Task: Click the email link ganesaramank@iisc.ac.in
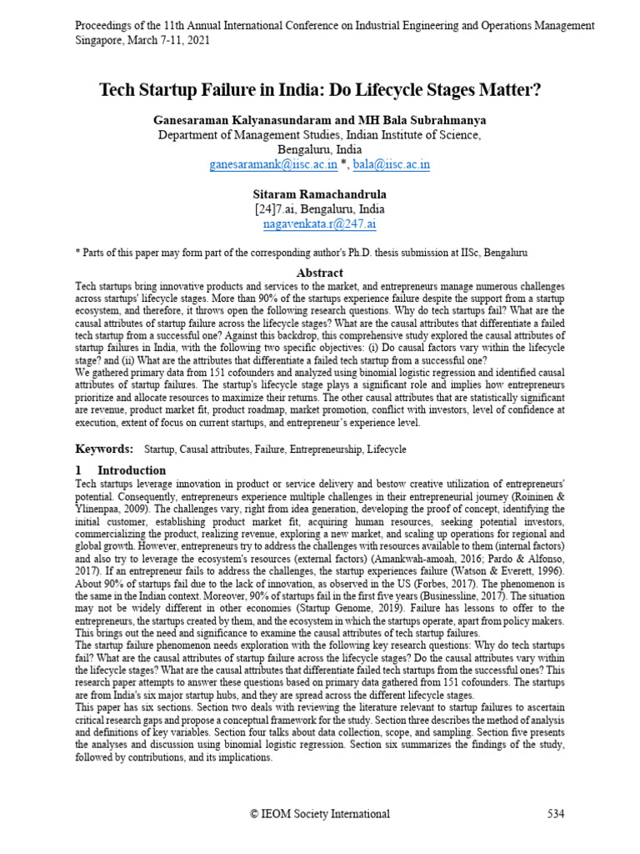click(x=272, y=164)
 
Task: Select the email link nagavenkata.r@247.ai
click(x=319, y=224)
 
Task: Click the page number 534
click(x=556, y=814)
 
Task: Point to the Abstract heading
click(x=320, y=273)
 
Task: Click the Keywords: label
click(x=105, y=449)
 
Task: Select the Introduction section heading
click(x=132, y=470)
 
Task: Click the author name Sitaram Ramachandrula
click(x=320, y=193)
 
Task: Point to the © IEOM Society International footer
click(x=320, y=814)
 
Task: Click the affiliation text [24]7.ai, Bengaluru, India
click(x=320, y=208)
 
